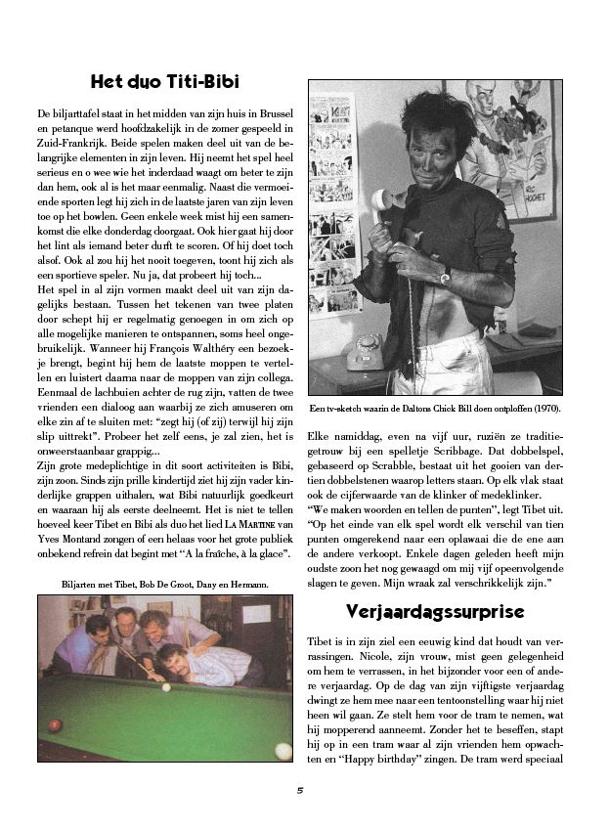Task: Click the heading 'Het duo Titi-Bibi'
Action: click(x=164, y=82)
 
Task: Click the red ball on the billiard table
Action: click(x=56, y=724)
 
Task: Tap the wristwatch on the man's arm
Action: click(x=445, y=278)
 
